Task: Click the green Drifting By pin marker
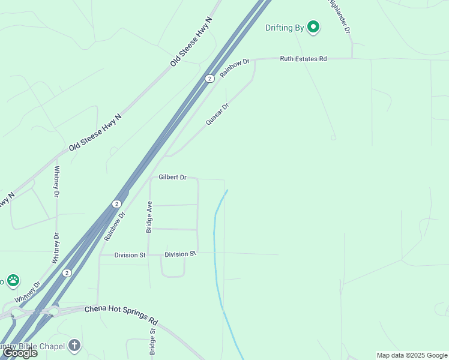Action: click(313, 27)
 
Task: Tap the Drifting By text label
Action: click(285, 28)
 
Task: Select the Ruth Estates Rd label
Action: click(303, 59)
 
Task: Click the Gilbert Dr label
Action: click(173, 177)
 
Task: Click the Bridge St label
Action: click(152, 341)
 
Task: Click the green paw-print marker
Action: click(13, 280)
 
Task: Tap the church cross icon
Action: click(74, 345)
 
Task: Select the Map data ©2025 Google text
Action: click(412, 355)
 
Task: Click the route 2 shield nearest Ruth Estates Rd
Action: click(209, 79)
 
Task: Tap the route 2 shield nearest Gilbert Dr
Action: click(116, 204)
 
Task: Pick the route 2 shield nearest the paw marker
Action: click(67, 272)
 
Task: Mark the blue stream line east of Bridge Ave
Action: click(215, 240)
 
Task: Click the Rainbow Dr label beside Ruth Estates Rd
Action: click(234, 67)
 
